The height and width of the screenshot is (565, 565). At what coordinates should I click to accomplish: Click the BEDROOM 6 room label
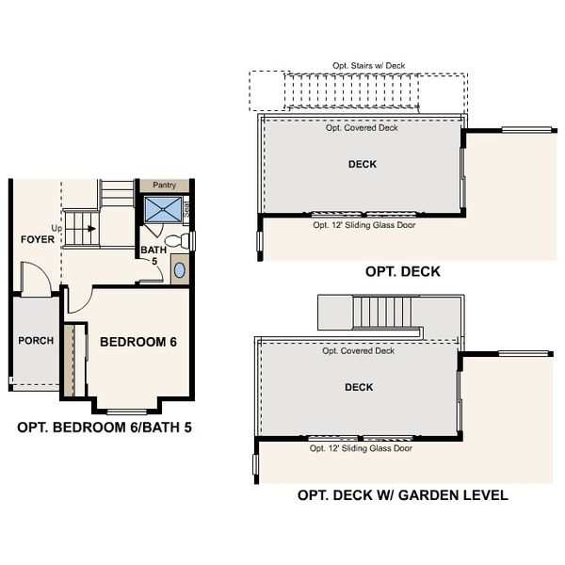pos(138,341)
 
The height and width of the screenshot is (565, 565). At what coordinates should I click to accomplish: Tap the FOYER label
pos(38,239)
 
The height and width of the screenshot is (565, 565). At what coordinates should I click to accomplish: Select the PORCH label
pos(36,341)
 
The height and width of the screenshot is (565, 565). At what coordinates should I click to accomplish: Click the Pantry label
pos(164,186)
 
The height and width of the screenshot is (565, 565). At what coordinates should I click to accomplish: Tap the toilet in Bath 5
pos(185,242)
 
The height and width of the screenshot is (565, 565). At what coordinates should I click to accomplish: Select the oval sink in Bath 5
pos(180,270)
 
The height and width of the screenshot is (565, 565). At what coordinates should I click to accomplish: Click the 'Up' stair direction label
pos(56,229)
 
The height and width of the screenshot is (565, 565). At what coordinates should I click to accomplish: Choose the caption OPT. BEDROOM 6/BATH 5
pos(105,427)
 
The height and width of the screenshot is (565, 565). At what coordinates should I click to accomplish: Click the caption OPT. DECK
pos(402,272)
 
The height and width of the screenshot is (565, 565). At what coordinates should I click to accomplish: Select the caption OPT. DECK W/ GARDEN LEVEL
pos(402,494)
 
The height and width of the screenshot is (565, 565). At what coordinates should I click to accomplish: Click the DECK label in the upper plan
pos(362,164)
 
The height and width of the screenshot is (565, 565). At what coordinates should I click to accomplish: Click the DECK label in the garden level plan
pos(359,387)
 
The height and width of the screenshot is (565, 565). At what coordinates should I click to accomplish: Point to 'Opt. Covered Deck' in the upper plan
pos(362,127)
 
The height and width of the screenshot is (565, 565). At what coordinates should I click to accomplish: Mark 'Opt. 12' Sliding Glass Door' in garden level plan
pos(362,448)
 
